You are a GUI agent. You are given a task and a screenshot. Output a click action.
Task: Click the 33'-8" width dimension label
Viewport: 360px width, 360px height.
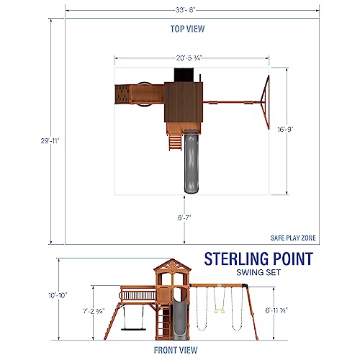[192, 9]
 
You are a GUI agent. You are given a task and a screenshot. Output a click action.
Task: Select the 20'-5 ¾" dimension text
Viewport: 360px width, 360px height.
[189, 58]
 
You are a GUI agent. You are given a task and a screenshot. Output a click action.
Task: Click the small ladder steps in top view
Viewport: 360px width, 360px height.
[172, 142]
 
